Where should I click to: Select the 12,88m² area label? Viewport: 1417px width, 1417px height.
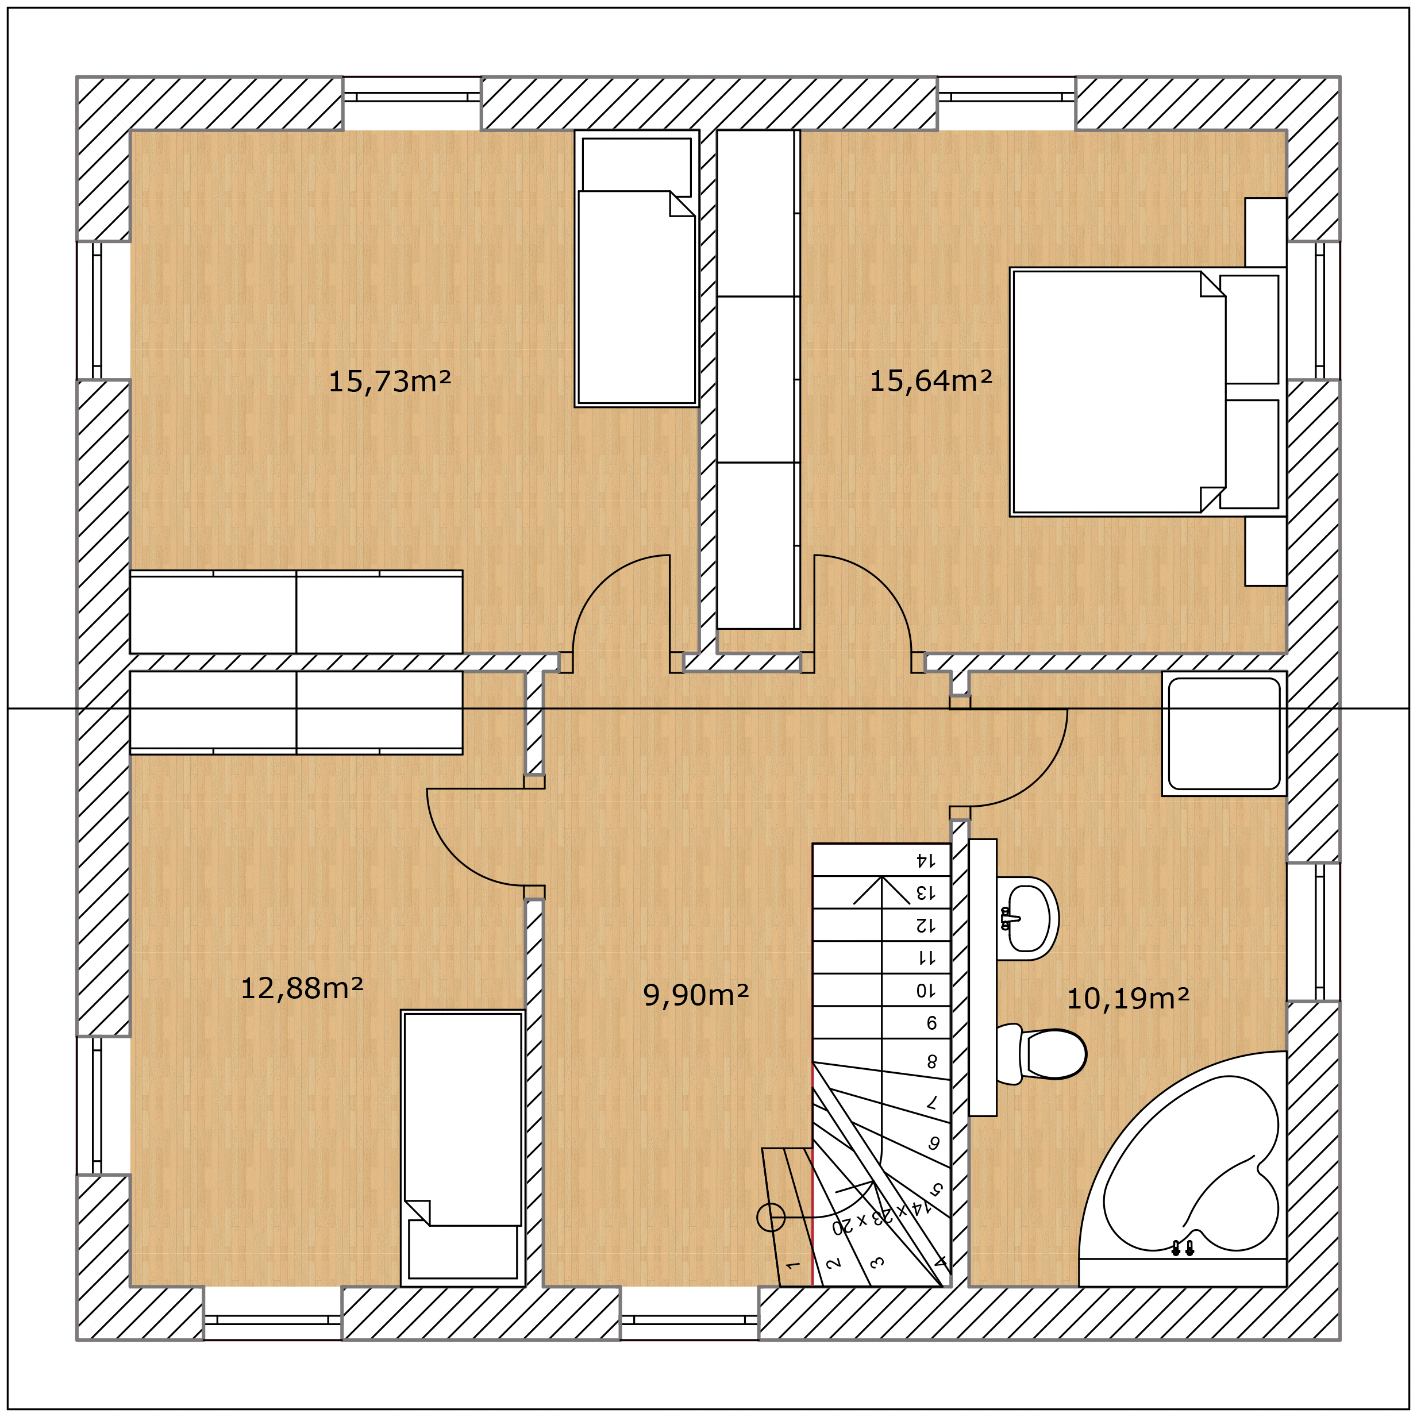[302, 989]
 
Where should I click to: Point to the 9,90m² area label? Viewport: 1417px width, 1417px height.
[695, 995]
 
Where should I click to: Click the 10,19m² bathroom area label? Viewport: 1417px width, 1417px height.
[1127, 999]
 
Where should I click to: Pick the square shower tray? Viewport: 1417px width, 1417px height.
[1224, 733]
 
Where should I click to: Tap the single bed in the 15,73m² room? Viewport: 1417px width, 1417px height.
[637, 268]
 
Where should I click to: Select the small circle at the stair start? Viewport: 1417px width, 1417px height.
[771, 1218]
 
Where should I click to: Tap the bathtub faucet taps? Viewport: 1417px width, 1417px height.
[1183, 1247]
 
